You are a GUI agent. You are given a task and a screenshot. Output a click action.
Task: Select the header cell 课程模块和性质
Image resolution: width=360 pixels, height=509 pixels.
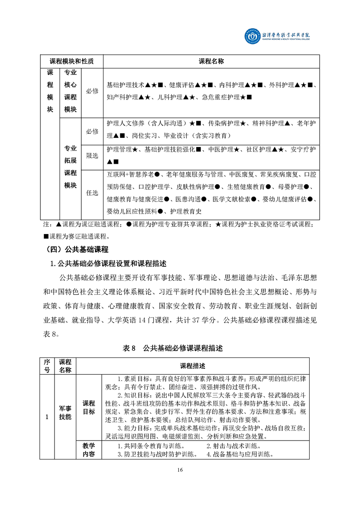(x=71, y=61)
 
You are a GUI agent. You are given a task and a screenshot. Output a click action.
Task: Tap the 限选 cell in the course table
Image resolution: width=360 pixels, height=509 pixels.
(x=92, y=156)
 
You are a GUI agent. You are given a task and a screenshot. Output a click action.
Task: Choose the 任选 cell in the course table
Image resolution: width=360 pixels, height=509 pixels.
(x=92, y=193)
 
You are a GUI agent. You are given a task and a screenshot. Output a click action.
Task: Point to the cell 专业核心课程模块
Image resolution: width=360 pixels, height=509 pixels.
(x=70, y=91)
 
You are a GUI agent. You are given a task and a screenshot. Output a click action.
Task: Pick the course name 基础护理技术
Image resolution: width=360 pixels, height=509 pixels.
(x=125, y=85)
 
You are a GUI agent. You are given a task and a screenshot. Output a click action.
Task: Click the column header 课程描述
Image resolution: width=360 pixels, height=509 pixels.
(x=192, y=366)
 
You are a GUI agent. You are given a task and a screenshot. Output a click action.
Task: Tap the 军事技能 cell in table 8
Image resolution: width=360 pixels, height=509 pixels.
(x=65, y=412)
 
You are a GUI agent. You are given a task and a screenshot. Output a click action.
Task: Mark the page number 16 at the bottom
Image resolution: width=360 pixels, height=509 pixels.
(x=180, y=470)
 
